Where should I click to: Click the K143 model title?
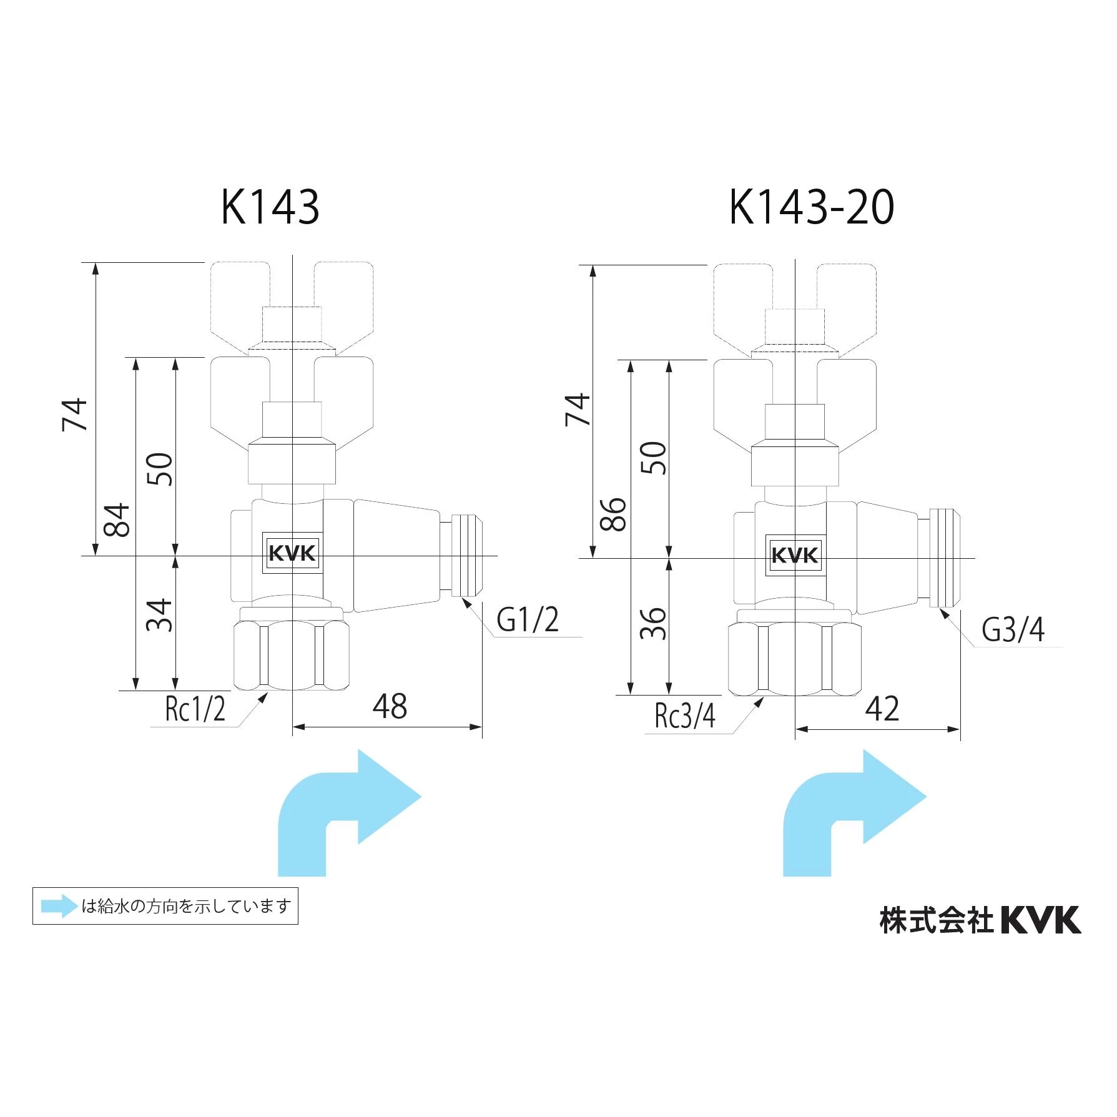coord(270,207)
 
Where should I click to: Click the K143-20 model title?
coord(812,207)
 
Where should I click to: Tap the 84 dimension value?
coord(117,519)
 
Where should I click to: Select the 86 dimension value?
coord(614,514)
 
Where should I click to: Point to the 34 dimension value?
coord(159,615)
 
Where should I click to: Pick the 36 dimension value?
coord(654,623)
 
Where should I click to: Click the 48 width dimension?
coord(390,707)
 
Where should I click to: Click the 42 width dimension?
coord(882,709)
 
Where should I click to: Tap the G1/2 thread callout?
coord(528,619)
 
